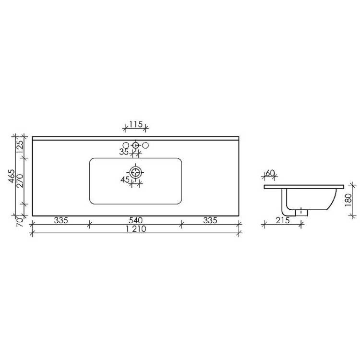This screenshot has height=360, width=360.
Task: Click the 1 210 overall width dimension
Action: (136, 229)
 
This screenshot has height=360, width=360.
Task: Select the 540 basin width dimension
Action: (136, 220)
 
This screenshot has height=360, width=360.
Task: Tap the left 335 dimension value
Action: (61, 220)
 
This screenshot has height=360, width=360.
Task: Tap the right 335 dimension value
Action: (210, 220)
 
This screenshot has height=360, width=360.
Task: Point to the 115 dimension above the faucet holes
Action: (136, 124)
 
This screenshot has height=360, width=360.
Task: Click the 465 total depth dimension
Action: (12, 176)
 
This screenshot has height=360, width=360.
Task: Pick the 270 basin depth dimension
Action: (20, 181)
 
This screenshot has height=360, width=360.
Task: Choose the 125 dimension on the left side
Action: (20, 147)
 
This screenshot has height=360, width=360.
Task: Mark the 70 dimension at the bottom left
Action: (20, 222)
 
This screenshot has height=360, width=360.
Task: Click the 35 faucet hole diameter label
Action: (124, 152)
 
